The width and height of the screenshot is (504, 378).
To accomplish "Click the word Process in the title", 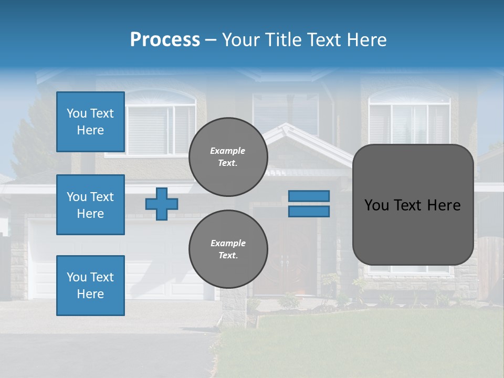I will pos(165,39).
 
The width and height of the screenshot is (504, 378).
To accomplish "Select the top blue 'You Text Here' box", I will pos(90,122).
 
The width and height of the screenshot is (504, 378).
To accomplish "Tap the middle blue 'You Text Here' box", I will pos(90,205).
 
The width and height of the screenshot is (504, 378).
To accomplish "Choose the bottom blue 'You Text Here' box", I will pos(90,286).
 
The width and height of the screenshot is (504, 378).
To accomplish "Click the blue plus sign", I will pos(162,204).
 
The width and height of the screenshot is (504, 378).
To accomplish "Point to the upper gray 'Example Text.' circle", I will pos(228,156).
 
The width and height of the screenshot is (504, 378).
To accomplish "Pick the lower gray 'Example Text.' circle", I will pos(228,249).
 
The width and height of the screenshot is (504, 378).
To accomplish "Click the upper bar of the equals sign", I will pos(309,196).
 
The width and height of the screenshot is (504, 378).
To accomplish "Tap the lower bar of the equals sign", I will pos(309,212).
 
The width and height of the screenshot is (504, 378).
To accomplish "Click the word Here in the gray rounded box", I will pos(442,205).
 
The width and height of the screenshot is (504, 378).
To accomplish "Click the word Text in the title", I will pos(322,40).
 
